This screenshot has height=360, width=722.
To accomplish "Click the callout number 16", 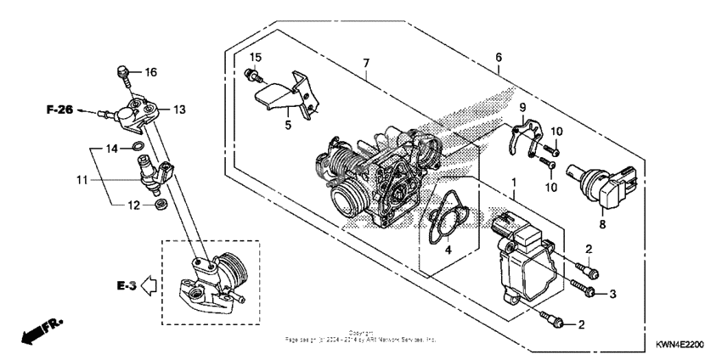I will pos(150,72).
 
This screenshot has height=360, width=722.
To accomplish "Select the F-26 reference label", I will pos(60,110).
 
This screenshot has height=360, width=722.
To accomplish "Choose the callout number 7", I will pos(366,64).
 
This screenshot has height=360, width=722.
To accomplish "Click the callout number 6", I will pos(499,57).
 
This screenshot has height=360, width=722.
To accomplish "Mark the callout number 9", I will pos(523,107).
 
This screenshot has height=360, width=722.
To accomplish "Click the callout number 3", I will pos(612,294).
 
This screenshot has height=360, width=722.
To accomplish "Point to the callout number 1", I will pos(512,183).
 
